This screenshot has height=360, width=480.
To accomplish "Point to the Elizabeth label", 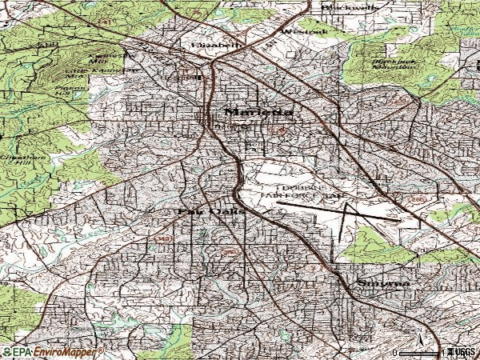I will coord(216,46).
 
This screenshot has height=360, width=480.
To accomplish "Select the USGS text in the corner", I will coord(463,352).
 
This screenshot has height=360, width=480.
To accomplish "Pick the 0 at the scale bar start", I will coord(396,352).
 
